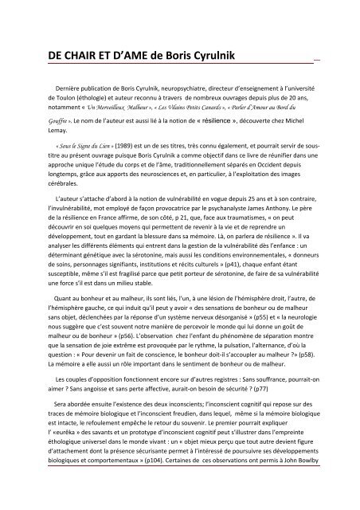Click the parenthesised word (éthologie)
(93, 107)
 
